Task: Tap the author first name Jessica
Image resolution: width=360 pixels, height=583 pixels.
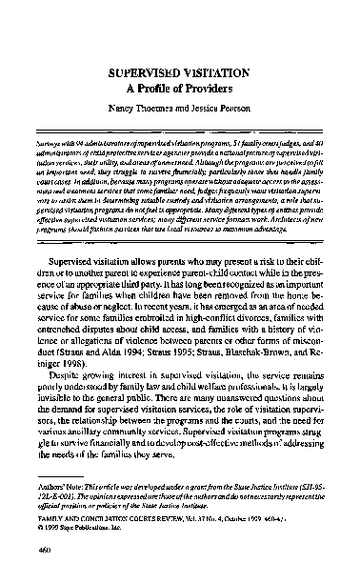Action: (x=215, y=110)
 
